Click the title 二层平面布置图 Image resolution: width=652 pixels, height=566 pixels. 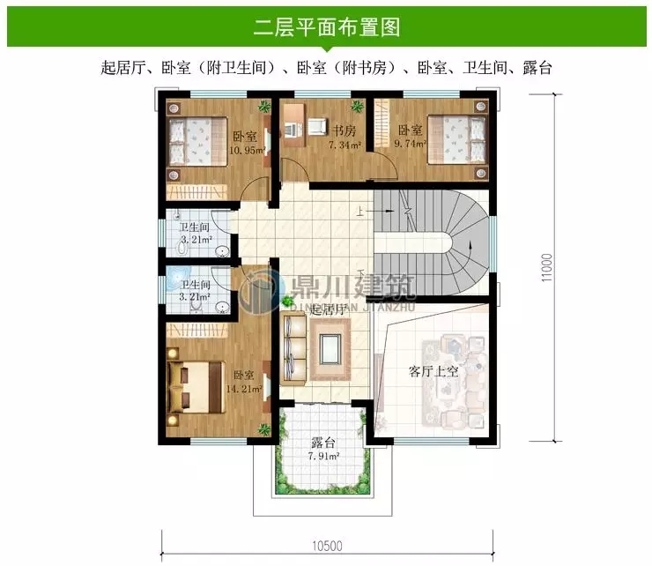point(326,27)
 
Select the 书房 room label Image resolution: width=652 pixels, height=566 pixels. point(343,131)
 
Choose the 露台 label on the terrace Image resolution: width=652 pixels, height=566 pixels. point(322,443)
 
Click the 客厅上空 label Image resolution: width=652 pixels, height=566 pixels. point(433,371)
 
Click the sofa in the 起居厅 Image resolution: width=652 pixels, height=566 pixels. point(294,349)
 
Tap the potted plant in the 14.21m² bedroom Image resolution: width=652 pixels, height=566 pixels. point(263,429)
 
